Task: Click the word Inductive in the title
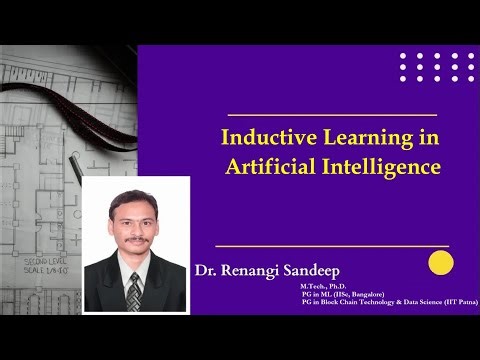[x=263, y=136]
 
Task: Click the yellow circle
[x=441, y=262]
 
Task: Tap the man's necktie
[x=134, y=291]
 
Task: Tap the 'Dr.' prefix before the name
[x=208, y=270]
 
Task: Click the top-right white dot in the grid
[x=471, y=56]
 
